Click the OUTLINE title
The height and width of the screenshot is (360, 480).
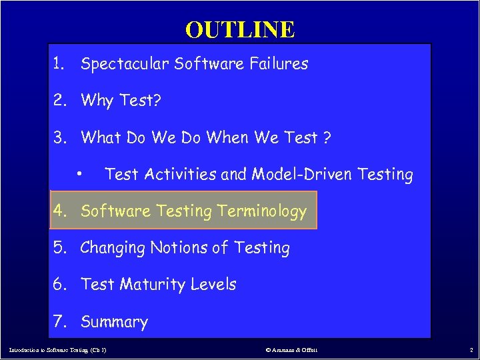click(240, 29)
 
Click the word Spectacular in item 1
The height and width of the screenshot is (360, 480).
click(124, 64)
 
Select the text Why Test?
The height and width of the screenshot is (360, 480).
click(120, 101)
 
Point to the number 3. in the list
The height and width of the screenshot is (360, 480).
click(61, 138)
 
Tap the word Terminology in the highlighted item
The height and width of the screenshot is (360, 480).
click(260, 211)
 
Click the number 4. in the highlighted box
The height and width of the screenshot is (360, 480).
click(61, 211)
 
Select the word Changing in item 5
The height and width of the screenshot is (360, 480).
click(113, 248)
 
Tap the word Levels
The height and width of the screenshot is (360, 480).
click(213, 285)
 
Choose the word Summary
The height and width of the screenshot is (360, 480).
click(114, 322)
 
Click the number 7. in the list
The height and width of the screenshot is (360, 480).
click(61, 322)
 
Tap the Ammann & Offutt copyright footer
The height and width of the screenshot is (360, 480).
click(292, 349)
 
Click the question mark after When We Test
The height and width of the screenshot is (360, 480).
click(327, 138)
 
